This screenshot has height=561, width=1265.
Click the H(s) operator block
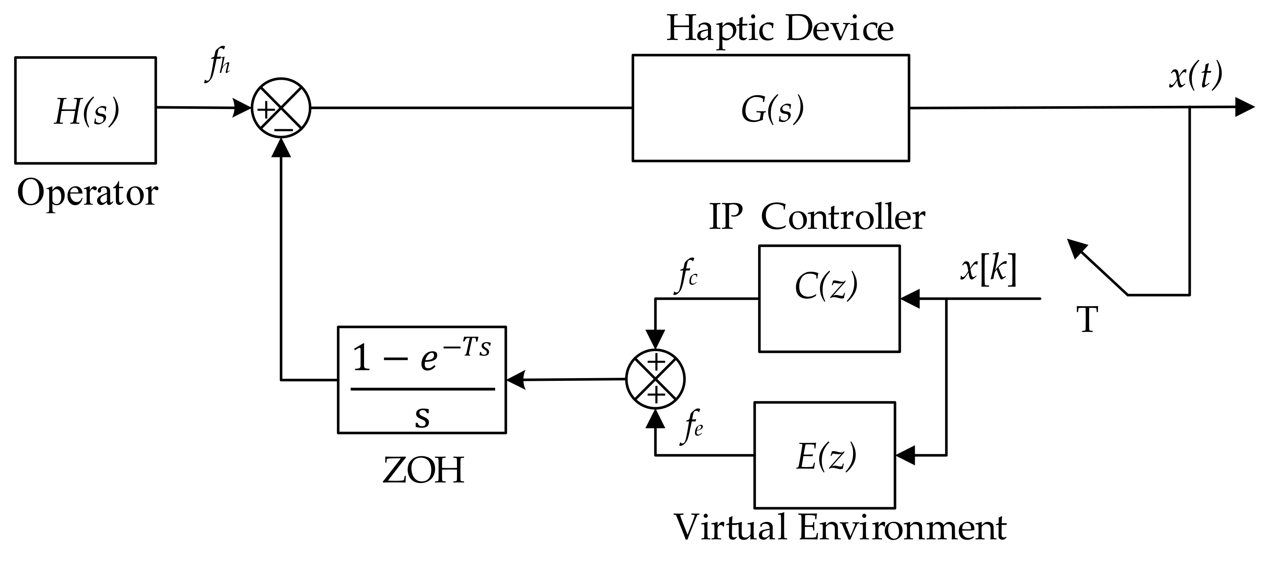click(85, 110)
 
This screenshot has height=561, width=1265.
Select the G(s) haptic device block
click(770, 108)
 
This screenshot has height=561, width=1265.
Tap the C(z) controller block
click(829, 298)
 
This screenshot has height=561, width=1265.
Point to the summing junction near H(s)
click(281, 108)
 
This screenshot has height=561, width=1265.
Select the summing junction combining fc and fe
click(655, 379)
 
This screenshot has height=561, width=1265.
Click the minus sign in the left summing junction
click(283, 130)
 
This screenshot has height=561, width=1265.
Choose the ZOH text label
click(423, 471)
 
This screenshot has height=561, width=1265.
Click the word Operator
click(87, 193)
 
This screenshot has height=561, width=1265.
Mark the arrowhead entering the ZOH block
click(515, 379)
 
